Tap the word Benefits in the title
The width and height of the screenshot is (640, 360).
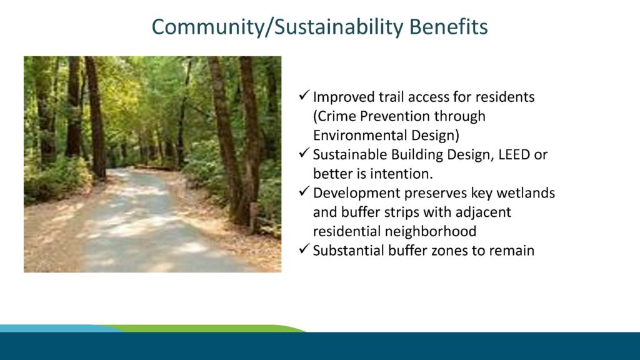coord(448,26)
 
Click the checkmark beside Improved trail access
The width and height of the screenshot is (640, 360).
coord(304,96)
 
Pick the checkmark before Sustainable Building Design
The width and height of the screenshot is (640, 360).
coord(304,153)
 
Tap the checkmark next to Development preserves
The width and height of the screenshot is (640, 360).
coord(304,191)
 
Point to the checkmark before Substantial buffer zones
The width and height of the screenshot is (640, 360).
coord(304,249)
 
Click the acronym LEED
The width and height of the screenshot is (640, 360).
coord(514,155)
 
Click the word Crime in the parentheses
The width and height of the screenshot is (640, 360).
coord(335,116)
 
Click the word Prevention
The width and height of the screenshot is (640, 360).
coord(395,116)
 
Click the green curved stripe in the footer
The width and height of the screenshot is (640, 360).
coord(204,329)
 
